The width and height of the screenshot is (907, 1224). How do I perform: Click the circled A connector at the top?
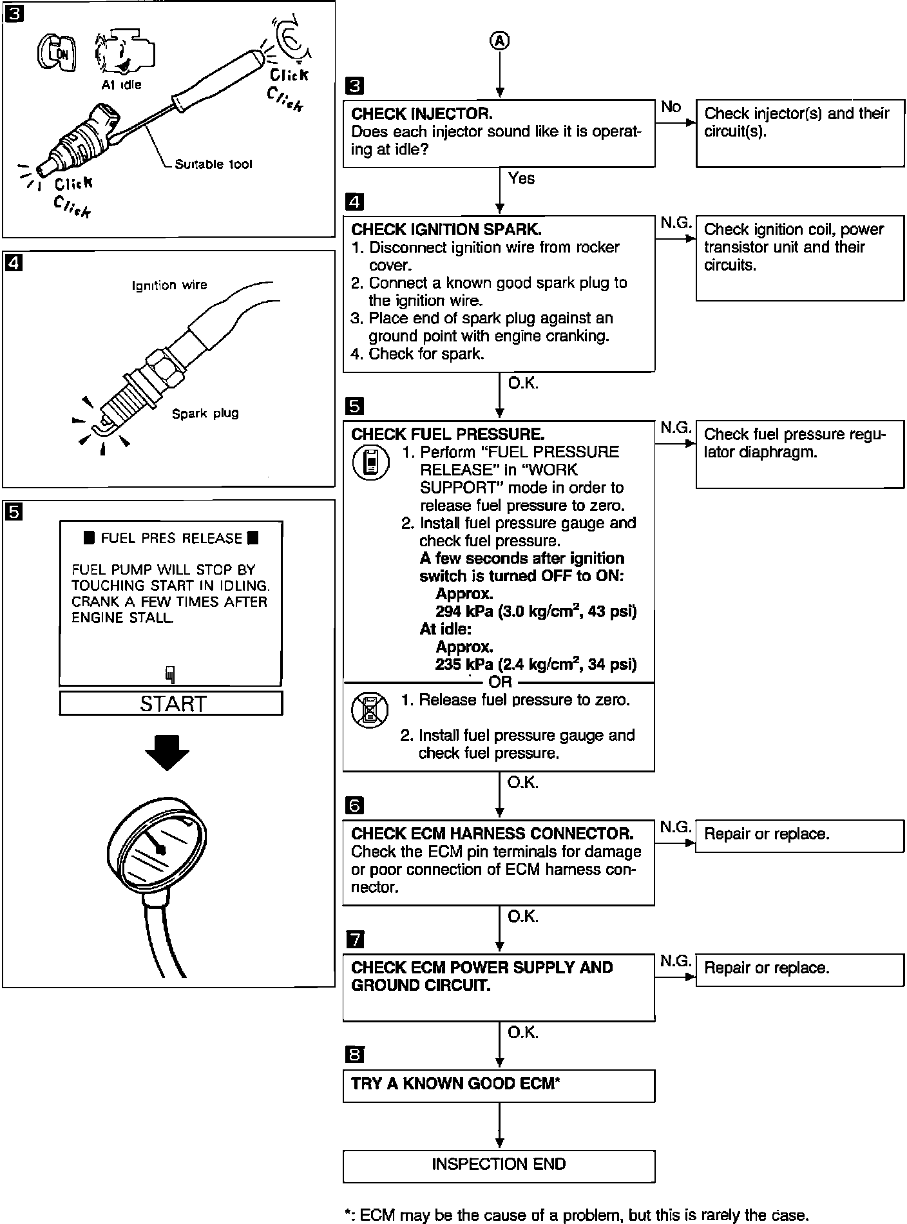pos(500,41)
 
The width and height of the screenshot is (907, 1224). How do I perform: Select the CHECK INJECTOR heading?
pos(422,114)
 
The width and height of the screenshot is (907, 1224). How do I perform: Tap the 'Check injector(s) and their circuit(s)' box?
pos(799,133)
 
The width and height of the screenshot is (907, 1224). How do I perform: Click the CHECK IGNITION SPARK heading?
pos(446,229)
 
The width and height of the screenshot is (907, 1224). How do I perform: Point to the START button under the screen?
pos(171,703)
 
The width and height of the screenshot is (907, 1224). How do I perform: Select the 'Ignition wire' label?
pos(169,285)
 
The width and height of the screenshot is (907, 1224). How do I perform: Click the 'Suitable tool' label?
pos(213,164)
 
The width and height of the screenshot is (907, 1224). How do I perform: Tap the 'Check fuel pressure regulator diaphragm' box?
pos(799,454)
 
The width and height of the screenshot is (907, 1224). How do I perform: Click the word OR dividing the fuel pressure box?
pos(500,682)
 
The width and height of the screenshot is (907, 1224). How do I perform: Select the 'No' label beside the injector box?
pos(671,107)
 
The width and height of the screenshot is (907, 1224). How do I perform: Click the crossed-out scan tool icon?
pos(370,710)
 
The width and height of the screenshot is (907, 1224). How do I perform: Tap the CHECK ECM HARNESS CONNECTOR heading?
pos(492,834)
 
